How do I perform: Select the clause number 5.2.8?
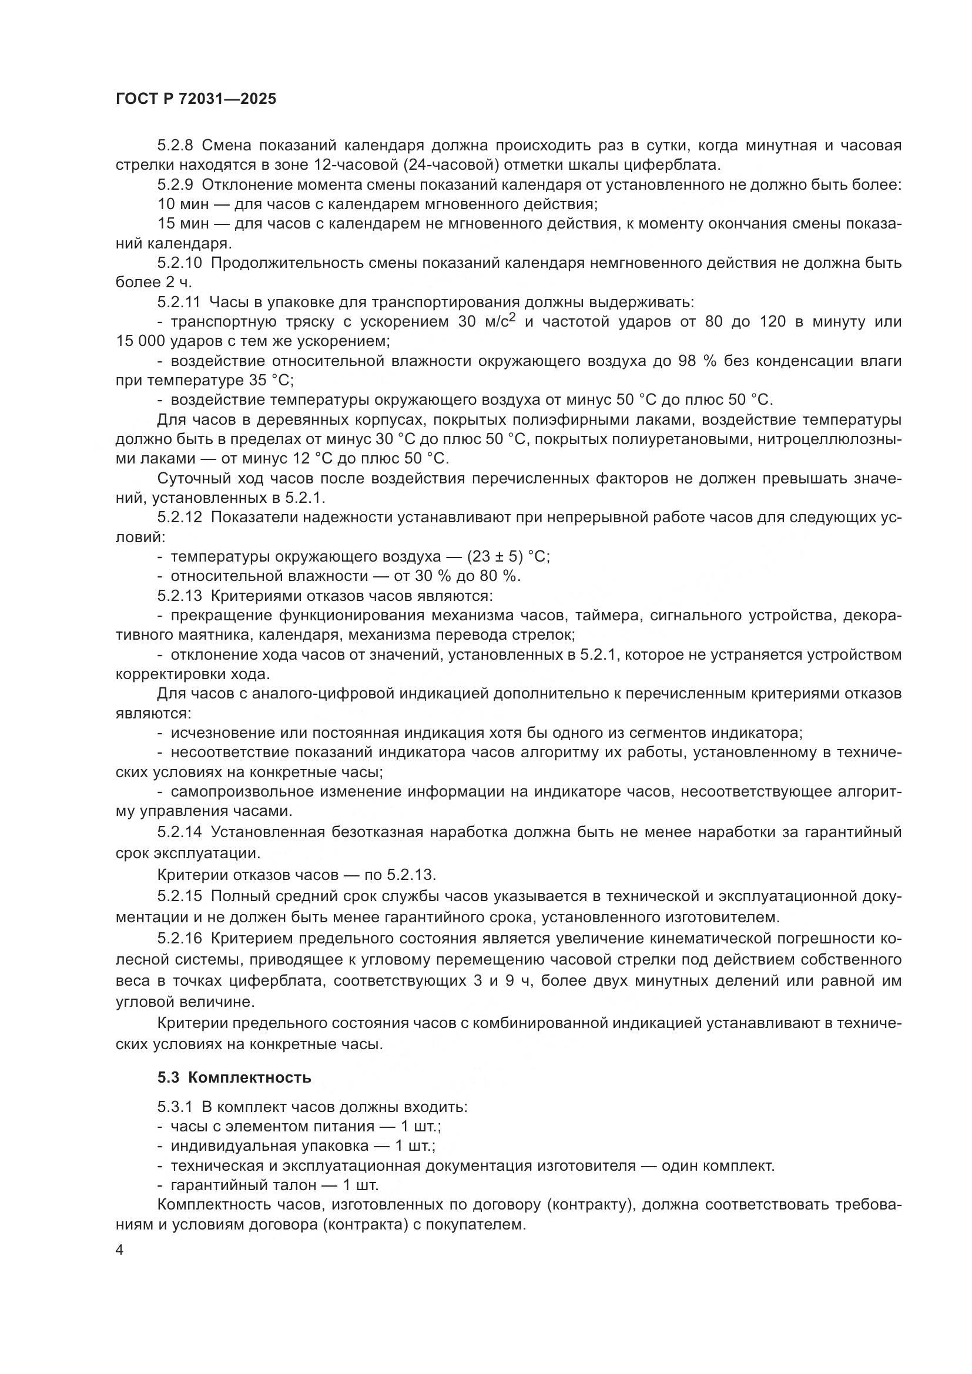click(x=175, y=146)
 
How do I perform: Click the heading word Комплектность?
click(x=250, y=1078)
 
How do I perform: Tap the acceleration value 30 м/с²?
click(x=486, y=322)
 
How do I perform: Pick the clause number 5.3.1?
click(x=175, y=1107)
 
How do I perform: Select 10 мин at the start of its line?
click(x=183, y=204)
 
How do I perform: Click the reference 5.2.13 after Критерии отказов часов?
click(x=411, y=875)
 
